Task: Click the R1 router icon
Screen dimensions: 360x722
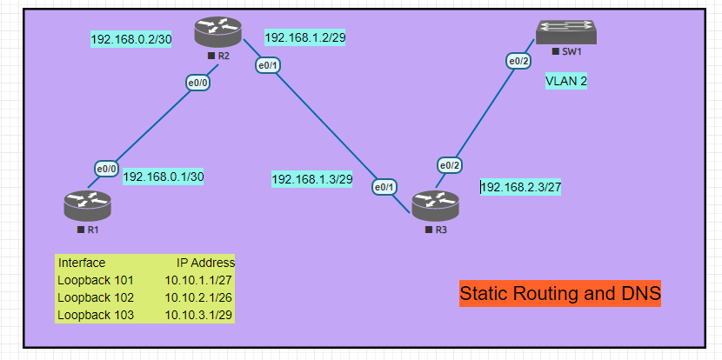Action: (88, 206)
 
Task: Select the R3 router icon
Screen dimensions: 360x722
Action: (435, 206)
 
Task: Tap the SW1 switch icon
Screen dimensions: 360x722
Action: (565, 33)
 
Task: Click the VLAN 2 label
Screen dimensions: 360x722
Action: (566, 81)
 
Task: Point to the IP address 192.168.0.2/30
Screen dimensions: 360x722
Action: (131, 39)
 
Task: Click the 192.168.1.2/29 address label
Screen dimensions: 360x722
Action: (305, 37)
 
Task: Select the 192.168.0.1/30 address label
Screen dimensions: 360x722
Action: (164, 177)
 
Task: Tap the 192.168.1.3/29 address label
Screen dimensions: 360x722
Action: (312, 179)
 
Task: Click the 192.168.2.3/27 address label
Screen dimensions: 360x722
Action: (521, 187)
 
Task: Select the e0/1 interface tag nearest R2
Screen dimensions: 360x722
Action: (267, 65)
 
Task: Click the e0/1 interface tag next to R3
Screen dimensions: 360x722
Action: (384, 186)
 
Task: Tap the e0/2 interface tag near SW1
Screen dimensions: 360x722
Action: (518, 61)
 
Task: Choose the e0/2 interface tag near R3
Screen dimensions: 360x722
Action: (449, 165)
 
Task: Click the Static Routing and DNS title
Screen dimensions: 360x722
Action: (560, 294)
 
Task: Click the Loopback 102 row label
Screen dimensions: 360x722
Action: (96, 297)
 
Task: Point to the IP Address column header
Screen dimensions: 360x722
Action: (205, 263)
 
